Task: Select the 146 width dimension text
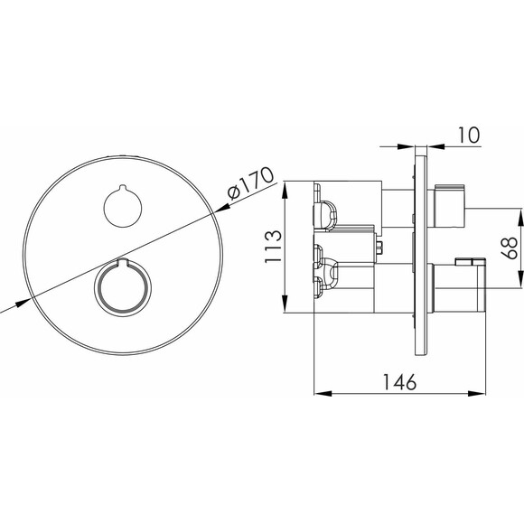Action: (399, 382)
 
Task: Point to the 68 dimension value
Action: (509, 248)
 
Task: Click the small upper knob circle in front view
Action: (123, 207)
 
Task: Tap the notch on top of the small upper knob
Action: (123, 187)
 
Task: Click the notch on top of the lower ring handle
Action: (123, 262)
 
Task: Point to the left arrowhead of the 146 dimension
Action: (323, 394)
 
